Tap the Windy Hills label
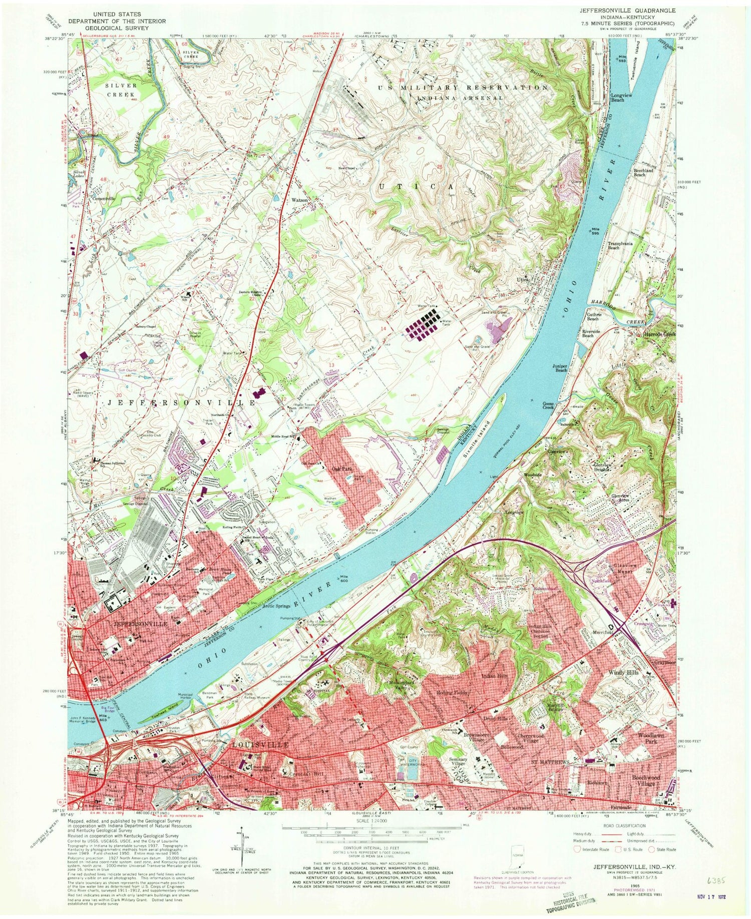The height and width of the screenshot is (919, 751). coord(623,673)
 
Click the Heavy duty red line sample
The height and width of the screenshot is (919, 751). coord(583,834)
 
